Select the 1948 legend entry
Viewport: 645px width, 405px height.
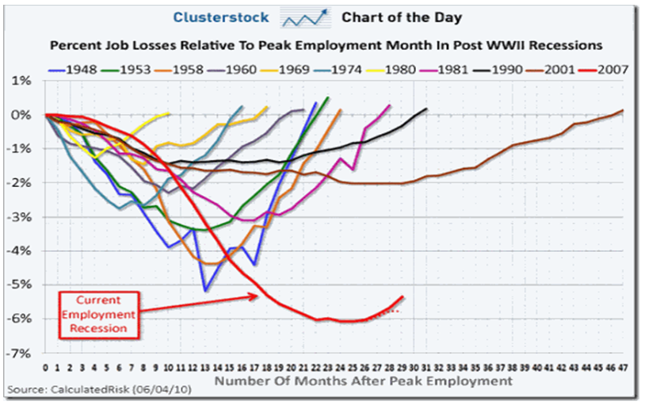(74, 69)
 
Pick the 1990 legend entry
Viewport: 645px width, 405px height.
(494, 69)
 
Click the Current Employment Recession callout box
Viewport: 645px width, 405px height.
(99, 313)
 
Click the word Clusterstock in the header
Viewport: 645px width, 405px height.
(213, 17)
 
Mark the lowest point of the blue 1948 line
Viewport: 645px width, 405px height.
(204, 290)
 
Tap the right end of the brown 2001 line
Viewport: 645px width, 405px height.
(623, 111)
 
